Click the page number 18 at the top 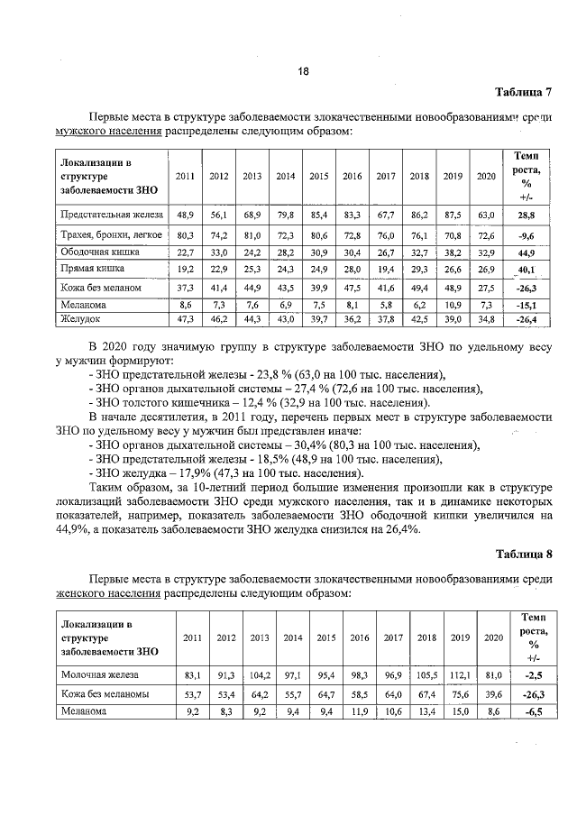click(x=303, y=71)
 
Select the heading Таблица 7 click(x=523, y=92)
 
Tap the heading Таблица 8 click(x=523, y=553)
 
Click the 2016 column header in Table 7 click(x=352, y=177)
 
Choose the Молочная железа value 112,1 click(x=461, y=674)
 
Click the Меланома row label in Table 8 click(x=83, y=711)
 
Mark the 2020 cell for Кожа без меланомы click(x=492, y=693)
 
